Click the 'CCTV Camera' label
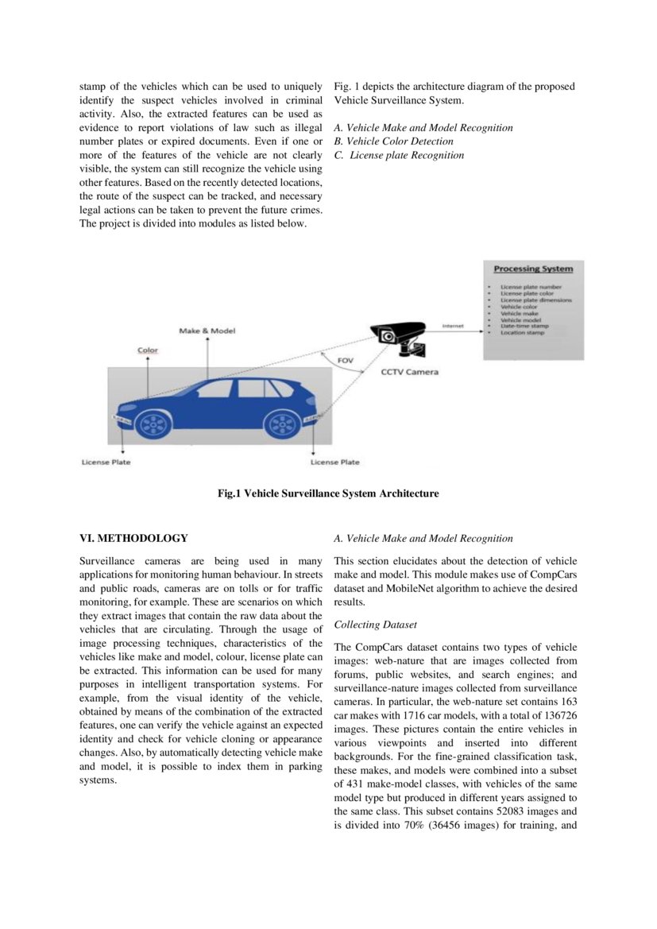[x=409, y=371]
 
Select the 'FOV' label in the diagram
[x=346, y=360]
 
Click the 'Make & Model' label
[x=207, y=331]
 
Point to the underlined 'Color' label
[x=148, y=350]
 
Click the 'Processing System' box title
[x=533, y=269]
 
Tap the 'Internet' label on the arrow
[x=453, y=326]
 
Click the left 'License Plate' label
[x=106, y=462]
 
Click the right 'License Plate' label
[x=334, y=462]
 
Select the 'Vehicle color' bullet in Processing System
[x=519, y=307]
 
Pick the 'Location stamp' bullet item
[x=522, y=332]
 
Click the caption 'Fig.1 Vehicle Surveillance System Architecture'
[x=328, y=494]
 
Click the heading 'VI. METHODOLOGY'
[x=134, y=538]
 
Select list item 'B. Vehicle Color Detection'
[x=404, y=141]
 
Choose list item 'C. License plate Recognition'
[x=399, y=155]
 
